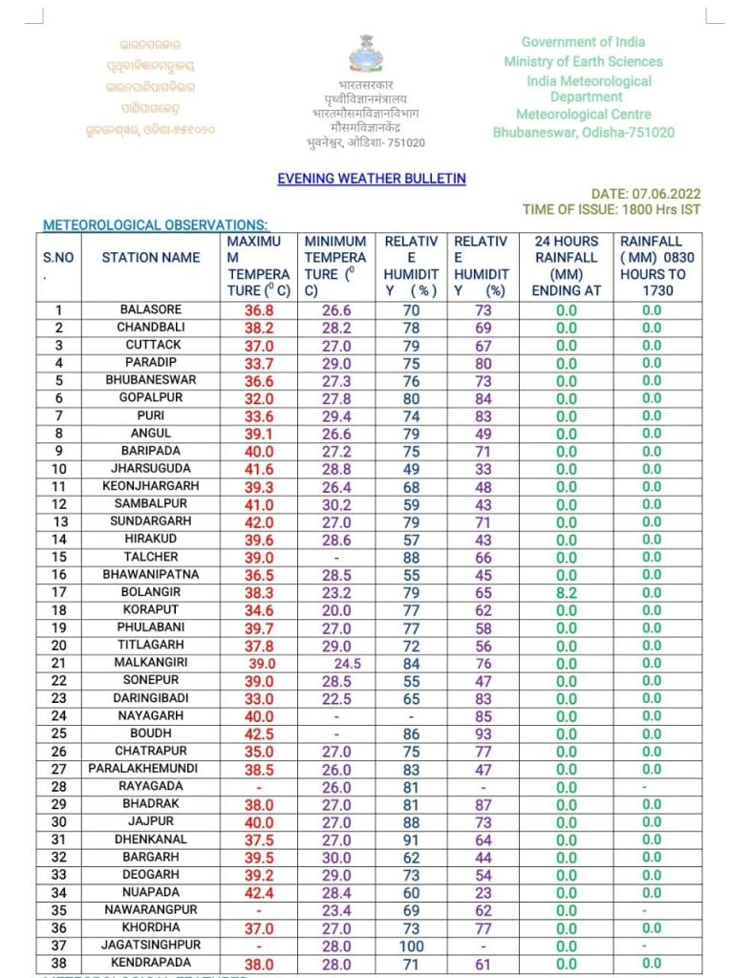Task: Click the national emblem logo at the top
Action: pos(364,53)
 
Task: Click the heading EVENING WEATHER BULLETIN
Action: pos(372,179)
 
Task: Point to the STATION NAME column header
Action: pos(151,258)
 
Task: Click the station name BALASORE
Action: pos(151,310)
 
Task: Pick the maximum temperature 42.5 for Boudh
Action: pos(259,734)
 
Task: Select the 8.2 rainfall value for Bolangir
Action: pos(567,593)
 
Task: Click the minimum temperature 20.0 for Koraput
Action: pos(334,610)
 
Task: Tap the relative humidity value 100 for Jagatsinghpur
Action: pos(411,946)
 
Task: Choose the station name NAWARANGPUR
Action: pos(151,910)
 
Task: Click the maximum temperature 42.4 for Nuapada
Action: pos(259,893)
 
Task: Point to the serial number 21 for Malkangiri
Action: pos(59,664)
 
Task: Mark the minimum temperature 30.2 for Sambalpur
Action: pos(334,505)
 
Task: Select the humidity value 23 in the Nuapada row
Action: pos(483,893)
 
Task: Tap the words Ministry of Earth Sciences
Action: pos(583,62)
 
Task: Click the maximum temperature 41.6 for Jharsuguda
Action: pos(259,470)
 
